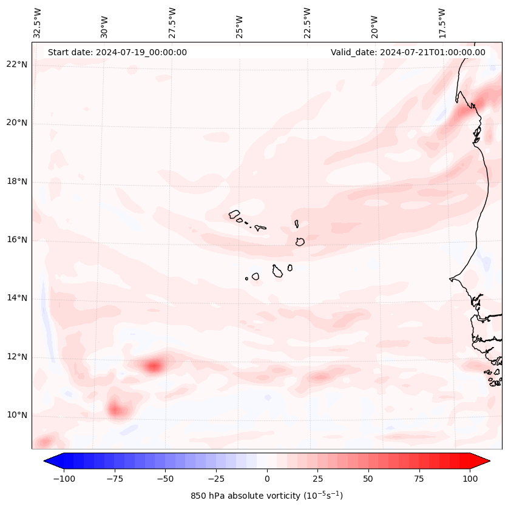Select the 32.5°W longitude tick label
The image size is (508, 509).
click(38, 22)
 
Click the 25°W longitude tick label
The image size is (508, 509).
click(240, 24)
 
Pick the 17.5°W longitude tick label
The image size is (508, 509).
click(442, 22)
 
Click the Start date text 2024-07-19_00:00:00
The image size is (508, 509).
click(117, 52)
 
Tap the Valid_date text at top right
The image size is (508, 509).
click(408, 52)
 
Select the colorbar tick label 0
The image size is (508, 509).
click(267, 479)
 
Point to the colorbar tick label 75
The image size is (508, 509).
click(419, 479)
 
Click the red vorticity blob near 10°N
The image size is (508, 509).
click(115, 410)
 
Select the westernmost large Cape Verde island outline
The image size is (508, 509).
click(234, 214)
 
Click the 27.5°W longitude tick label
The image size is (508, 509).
click(172, 22)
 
